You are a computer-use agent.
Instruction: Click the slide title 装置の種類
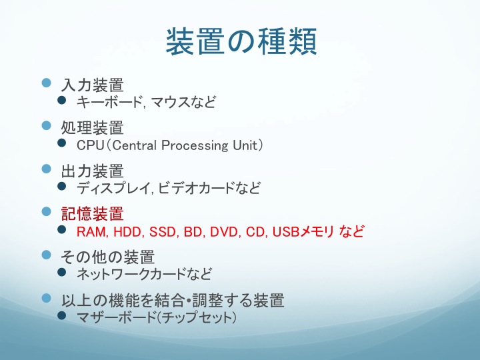pyautogui.click(x=241, y=41)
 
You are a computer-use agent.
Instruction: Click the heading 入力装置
pyautogui.click(x=92, y=85)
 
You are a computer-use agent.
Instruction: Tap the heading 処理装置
pyautogui.click(x=92, y=127)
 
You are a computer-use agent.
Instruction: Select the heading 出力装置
pyautogui.click(x=92, y=171)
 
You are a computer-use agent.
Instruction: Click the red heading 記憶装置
pyautogui.click(x=92, y=214)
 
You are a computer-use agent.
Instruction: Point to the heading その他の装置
pyautogui.click(x=107, y=257)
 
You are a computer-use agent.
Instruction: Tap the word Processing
pyautogui.click(x=195, y=145)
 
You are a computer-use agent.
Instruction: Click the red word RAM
pyautogui.click(x=91, y=232)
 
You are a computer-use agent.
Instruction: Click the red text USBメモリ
pyautogui.click(x=303, y=232)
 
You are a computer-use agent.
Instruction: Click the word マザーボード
pyautogui.click(x=117, y=317)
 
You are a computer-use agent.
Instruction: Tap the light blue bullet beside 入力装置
pyautogui.click(x=46, y=83)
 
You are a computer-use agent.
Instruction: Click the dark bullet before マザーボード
pyautogui.click(x=62, y=315)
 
